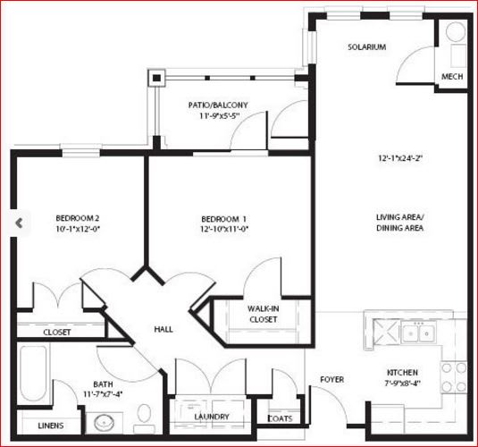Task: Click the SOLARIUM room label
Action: pyautogui.click(x=367, y=47)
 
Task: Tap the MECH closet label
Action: pyautogui.click(x=452, y=77)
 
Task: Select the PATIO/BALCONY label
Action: pyautogui.click(x=218, y=105)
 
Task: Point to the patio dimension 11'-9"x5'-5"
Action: pyautogui.click(x=218, y=116)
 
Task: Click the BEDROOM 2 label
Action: pyautogui.click(x=77, y=218)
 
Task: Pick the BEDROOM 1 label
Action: pyautogui.click(x=223, y=218)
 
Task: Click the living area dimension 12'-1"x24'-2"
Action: pyautogui.click(x=399, y=159)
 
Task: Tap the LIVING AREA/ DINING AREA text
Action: pyautogui.click(x=399, y=223)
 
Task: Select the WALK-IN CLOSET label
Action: pyautogui.click(x=263, y=313)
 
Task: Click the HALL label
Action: pyautogui.click(x=164, y=329)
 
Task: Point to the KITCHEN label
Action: pyautogui.click(x=402, y=372)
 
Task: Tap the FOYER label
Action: pyautogui.click(x=332, y=380)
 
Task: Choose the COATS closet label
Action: pyautogui.click(x=281, y=417)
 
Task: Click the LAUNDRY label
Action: pyautogui.click(x=212, y=417)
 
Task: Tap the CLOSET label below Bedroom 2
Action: pyautogui.click(x=56, y=332)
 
